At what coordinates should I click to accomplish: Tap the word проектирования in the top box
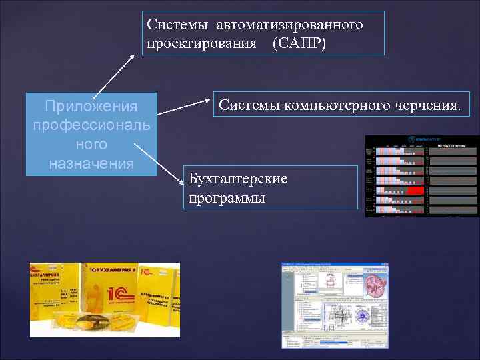202,43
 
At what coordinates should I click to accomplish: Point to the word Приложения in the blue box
91,107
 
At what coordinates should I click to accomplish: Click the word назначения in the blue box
91,163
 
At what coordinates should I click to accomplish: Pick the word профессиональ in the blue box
91,125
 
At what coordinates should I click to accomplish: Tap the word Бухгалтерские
238,179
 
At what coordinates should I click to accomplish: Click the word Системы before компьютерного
249,105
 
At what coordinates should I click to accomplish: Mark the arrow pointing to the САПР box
113,75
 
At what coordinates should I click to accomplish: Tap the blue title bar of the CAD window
333,265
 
